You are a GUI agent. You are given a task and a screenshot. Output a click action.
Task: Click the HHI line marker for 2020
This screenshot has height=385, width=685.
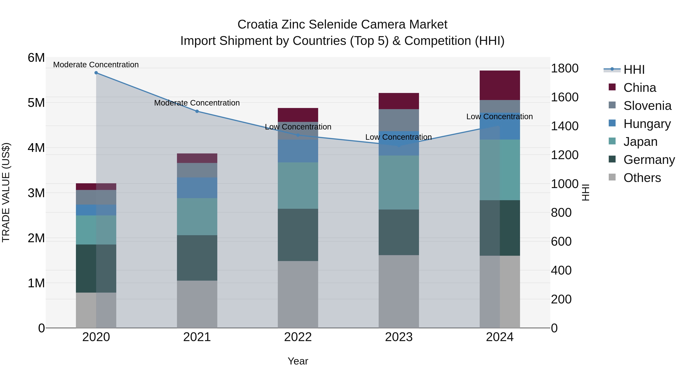[x=96, y=73]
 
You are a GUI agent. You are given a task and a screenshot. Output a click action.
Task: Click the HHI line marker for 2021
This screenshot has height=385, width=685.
[x=197, y=111]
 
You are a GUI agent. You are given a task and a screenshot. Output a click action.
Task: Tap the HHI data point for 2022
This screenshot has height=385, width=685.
[x=298, y=135]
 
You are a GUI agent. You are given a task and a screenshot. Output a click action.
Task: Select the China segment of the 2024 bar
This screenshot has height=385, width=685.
[x=500, y=85]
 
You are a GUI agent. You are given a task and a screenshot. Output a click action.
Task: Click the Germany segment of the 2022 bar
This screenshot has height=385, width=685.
[x=298, y=235]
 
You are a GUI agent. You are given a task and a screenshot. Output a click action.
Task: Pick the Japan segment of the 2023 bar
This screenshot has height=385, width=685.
[x=399, y=183]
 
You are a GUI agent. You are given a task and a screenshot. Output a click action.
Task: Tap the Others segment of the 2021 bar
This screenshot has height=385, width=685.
[x=197, y=304]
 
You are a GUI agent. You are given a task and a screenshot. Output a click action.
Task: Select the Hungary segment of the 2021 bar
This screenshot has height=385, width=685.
[x=197, y=188]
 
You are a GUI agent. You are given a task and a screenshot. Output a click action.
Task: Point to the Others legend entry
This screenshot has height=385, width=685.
[x=642, y=178]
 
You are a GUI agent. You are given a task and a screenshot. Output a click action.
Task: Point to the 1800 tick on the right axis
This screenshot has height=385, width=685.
[x=564, y=68]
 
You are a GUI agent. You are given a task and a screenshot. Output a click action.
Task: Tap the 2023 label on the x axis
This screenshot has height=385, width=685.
[x=399, y=337]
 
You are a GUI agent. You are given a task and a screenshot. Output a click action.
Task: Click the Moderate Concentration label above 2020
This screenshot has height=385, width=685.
[x=96, y=65]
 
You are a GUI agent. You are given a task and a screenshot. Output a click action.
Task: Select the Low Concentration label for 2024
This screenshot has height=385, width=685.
[x=499, y=117]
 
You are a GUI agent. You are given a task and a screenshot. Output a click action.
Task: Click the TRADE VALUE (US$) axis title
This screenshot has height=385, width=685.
[x=6, y=192]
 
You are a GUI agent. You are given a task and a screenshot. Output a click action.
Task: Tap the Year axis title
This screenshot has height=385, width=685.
[x=298, y=361]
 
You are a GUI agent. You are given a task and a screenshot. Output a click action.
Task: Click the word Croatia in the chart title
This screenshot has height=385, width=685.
[x=257, y=25]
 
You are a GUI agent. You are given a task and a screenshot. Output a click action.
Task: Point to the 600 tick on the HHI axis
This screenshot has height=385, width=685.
[x=561, y=241]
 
